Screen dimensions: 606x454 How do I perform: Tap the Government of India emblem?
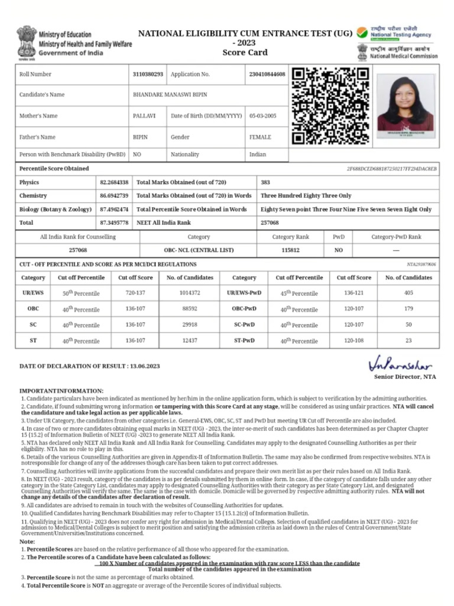click(x=26, y=42)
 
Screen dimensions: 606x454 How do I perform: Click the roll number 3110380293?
click(x=148, y=75)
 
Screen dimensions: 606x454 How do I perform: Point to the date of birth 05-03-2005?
click(x=263, y=116)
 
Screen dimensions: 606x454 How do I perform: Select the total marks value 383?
click(x=265, y=182)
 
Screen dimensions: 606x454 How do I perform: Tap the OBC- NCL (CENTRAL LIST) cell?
click(x=199, y=250)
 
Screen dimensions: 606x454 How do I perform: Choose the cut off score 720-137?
click(x=135, y=293)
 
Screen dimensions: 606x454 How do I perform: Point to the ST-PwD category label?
click(x=244, y=340)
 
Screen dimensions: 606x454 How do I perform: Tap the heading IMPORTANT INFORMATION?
click(x=61, y=391)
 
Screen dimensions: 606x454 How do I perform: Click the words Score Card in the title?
click(x=245, y=53)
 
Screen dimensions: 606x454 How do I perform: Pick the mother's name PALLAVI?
click(x=142, y=116)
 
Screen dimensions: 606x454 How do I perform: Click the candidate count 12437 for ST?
click(x=190, y=340)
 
